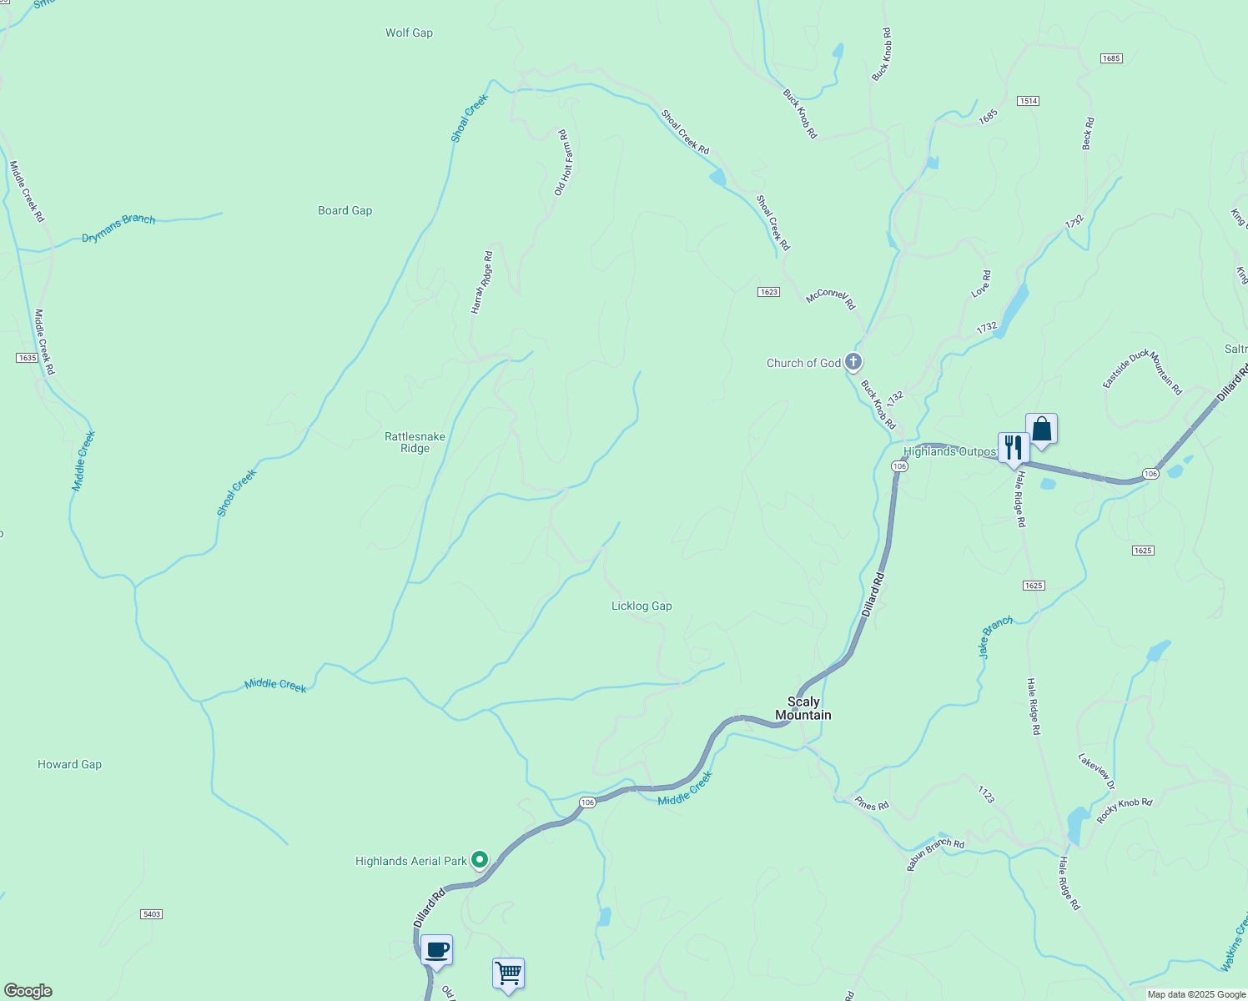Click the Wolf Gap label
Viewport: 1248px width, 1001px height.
click(x=409, y=33)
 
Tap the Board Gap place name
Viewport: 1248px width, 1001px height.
click(x=345, y=211)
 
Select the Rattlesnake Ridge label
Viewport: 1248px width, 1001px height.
click(x=415, y=442)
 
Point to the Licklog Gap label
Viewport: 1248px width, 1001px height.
click(x=642, y=606)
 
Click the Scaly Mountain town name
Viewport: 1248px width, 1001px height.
click(x=803, y=708)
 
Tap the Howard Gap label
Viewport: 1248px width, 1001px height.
click(x=69, y=764)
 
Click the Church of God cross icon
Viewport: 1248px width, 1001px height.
click(x=853, y=362)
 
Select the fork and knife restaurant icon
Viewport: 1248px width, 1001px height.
click(x=1013, y=447)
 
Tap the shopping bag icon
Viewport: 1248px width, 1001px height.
click(x=1041, y=430)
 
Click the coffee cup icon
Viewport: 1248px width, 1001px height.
click(x=436, y=949)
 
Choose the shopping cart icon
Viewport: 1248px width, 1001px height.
click(x=508, y=973)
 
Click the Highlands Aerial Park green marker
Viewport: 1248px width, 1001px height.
click(x=480, y=859)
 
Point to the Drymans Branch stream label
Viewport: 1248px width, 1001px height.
click(x=118, y=229)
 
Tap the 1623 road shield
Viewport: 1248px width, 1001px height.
click(x=768, y=292)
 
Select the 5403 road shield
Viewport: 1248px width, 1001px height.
click(x=151, y=914)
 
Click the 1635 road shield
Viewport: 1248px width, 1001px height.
click(x=27, y=358)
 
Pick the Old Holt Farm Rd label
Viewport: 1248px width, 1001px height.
click(x=561, y=163)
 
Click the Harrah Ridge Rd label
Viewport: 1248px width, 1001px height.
click(x=482, y=282)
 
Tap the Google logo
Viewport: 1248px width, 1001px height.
click(x=28, y=991)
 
